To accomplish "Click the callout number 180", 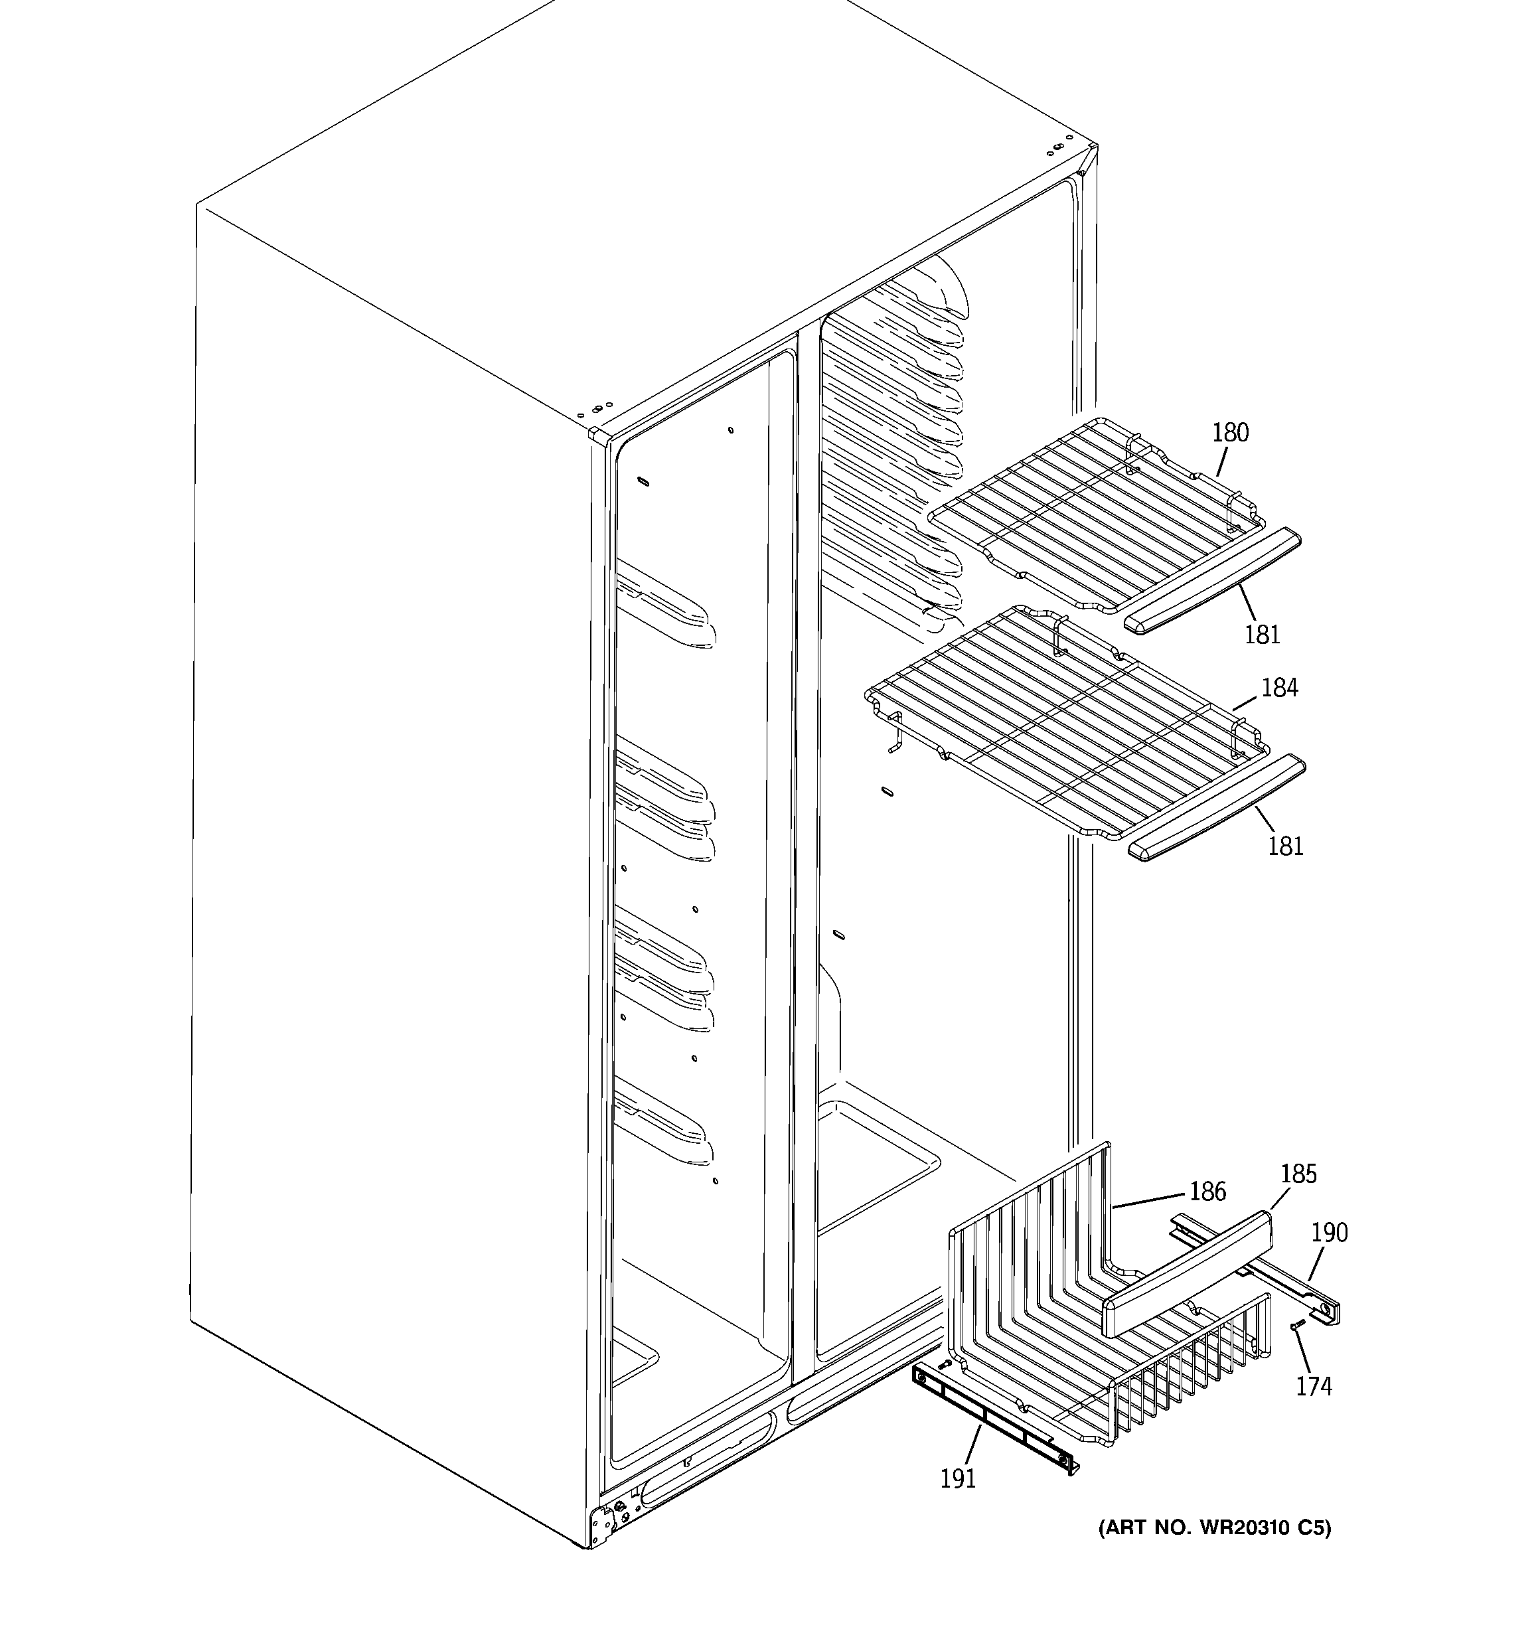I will pyautogui.click(x=1230, y=432).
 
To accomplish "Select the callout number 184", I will pyautogui.click(x=1280, y=687).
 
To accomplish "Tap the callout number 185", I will pyautogui.click(x=1298, y=1174).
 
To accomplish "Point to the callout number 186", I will pyautogui.click(x=1207, y=1191).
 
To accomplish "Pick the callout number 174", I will pyautogui.click(x=1314, y=1386).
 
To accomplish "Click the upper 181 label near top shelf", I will pyautogui.click(x=1263, y=634).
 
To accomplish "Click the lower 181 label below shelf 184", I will pyautogui.click(x=1285, y=846).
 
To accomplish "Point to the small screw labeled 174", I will pyautogui.click(x=1295, y=1349).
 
